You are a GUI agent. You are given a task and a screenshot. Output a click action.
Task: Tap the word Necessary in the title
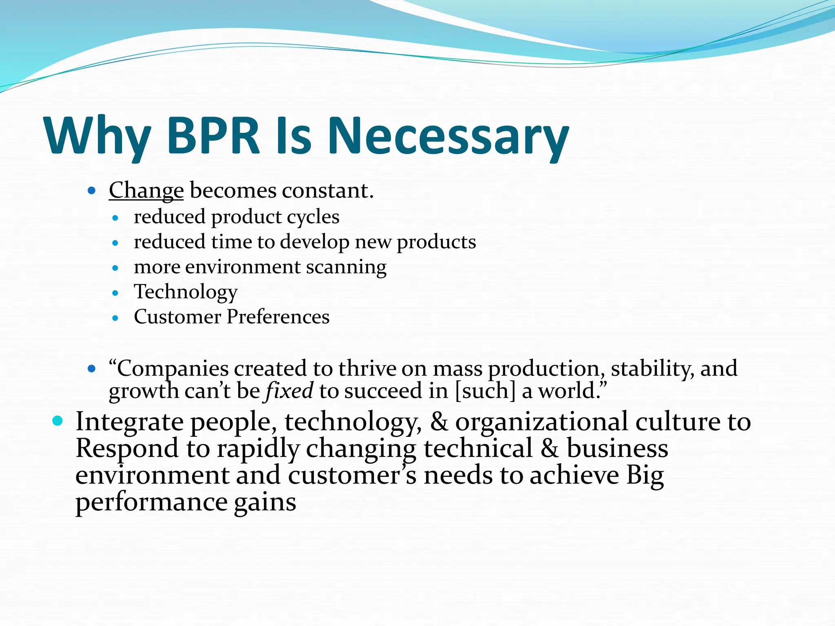point(448,136)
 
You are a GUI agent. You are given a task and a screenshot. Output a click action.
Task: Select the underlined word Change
point(146,191)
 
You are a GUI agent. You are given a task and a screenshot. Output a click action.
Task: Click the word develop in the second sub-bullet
point(314,242)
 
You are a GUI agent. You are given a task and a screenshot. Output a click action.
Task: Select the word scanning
point(346,267)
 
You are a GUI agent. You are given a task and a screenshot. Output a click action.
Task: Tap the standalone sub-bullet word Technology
point(186,292)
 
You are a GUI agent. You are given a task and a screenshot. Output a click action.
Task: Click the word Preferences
point(278,317)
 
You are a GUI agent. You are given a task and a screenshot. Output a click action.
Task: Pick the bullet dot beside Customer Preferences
point(115,318)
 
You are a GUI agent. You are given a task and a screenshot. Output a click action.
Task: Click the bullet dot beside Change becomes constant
point(92,190)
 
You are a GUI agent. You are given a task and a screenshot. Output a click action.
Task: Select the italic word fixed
point(289,391)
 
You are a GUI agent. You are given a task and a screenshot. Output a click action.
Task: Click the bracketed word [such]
point(485,391)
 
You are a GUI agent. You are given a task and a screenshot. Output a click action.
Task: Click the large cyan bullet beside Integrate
point(58,421)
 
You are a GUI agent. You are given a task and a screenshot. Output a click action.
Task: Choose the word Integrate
point(129,422)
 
